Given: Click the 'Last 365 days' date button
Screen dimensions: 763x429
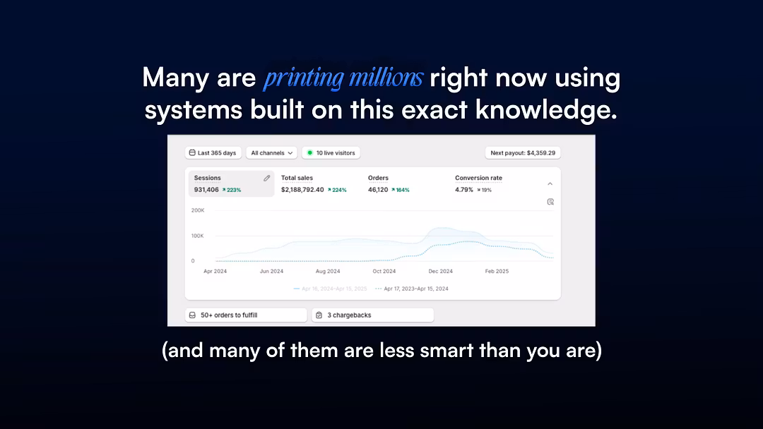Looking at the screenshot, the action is (x=213, y=152).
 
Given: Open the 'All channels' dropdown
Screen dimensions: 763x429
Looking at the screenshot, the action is (x=271, y=152).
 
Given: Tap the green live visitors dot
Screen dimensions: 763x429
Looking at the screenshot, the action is (x=309, y=152).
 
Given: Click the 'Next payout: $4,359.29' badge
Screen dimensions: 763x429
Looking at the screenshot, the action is (x=523, y=152).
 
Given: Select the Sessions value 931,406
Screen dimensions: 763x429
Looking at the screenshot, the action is (x=206, y=190).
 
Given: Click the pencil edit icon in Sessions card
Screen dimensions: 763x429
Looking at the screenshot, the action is (x=266, y=178).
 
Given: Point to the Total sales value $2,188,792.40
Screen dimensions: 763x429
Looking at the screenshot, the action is (x=302, y=190).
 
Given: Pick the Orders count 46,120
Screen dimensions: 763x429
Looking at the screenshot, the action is (x=378, y=190).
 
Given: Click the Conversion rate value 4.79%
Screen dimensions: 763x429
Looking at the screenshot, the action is (x=463, y=190).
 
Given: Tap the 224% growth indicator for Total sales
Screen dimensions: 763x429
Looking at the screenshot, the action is (x=337, y=190).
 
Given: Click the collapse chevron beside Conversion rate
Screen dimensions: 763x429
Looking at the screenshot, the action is (x=550, y=183).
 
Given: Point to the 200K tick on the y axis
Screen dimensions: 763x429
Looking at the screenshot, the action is (x=198, y=210).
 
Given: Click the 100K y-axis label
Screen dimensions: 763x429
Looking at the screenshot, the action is (x=198, y=236).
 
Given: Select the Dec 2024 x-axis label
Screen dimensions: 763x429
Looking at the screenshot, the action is (x=440, y=271).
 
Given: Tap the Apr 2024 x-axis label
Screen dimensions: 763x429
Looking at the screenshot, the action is (x=215, y=271).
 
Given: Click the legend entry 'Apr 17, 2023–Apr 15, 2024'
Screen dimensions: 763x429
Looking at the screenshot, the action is (x=412, y=289).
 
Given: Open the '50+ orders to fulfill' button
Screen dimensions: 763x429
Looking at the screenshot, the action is (x=246, y=315).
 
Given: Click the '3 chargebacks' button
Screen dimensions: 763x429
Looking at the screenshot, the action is (x=373, y=315).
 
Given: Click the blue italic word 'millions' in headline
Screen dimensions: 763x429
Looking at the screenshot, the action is (x=386, y=78).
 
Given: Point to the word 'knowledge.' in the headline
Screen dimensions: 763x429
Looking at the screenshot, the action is (x=546, y=110).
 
